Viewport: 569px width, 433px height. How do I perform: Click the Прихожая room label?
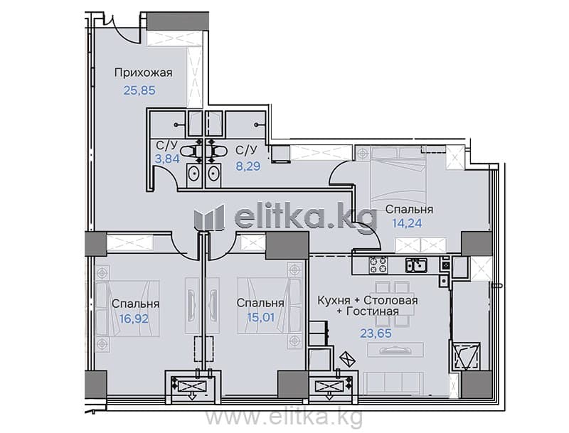pos(144,73)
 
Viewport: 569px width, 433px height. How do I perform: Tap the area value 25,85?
pos(139,90)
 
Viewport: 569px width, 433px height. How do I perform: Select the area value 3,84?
pos(167,159)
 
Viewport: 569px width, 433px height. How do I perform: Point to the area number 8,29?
pos(248,166)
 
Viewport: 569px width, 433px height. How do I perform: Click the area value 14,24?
pos(407,223)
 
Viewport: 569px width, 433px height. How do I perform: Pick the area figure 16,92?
pos(134,319)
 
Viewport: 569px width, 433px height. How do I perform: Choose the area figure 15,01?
pos(260,317)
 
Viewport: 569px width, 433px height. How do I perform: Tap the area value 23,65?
pos(376,333)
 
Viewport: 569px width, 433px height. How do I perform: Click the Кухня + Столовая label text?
pos(368,300)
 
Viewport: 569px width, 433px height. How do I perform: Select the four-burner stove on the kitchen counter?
pos(378,265)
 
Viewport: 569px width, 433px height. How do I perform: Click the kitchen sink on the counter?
pos(416,265)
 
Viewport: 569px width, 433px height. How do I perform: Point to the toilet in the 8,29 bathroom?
pos(217,151)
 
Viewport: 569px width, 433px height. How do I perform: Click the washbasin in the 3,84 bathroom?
pos(195,174)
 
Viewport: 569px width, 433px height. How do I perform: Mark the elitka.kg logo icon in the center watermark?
pos(209,217)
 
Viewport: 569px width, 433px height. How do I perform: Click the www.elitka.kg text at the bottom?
pos(284,417)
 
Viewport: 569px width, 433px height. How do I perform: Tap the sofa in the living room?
pos(394,383)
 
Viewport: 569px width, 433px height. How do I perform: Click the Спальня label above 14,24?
pos(409,210)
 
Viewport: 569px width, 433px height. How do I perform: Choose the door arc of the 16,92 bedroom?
pos(180,247)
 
